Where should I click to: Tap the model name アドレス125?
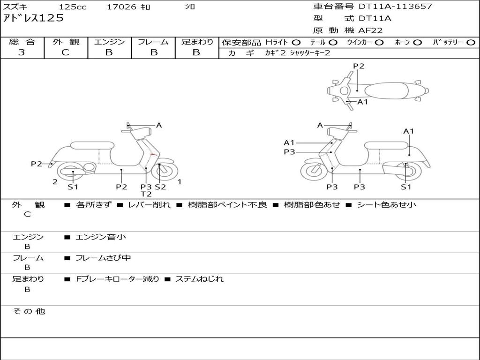click(33, 18)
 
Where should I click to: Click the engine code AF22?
click(370, 30)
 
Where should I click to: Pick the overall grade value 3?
click(22, 52)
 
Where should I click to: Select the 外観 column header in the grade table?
click(66, 42)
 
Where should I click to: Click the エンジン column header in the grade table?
click(109, 42)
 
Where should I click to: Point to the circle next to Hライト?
click(296, 42)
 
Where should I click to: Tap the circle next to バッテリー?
click(471, 42)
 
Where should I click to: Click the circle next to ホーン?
click(417, 42)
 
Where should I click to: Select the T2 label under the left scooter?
click(146, 194)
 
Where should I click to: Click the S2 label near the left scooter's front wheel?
click(160, 187)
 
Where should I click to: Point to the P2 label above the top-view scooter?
click(359, 66)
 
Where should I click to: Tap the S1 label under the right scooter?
click(406, 187)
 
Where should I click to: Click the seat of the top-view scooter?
click(385, 90)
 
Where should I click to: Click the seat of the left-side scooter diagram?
click(92, 145)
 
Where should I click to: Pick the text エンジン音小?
click(101, 237)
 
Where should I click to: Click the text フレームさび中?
click(103, 258)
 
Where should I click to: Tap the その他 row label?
click(29, 311)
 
